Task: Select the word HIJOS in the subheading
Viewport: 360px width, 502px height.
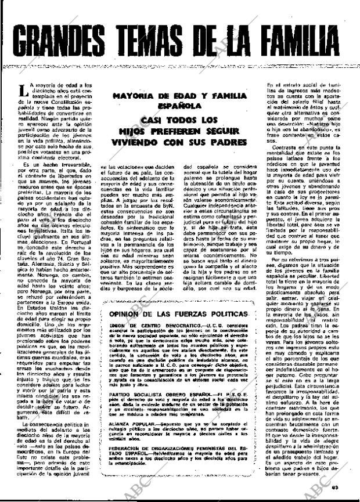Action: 129,131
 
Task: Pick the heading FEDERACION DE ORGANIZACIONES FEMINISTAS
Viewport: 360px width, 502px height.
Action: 177,448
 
